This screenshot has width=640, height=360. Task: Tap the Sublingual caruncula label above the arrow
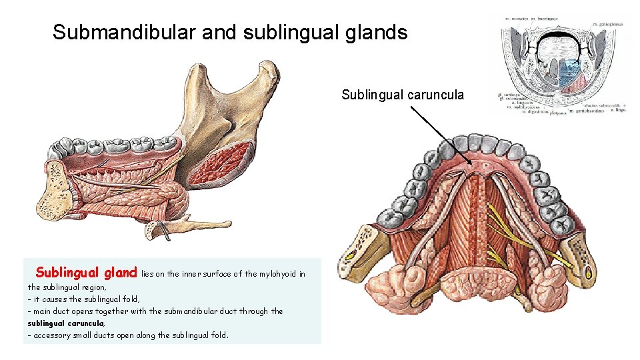(x=403, y=95)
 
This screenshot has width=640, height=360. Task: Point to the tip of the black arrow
(x=473, y=163)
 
